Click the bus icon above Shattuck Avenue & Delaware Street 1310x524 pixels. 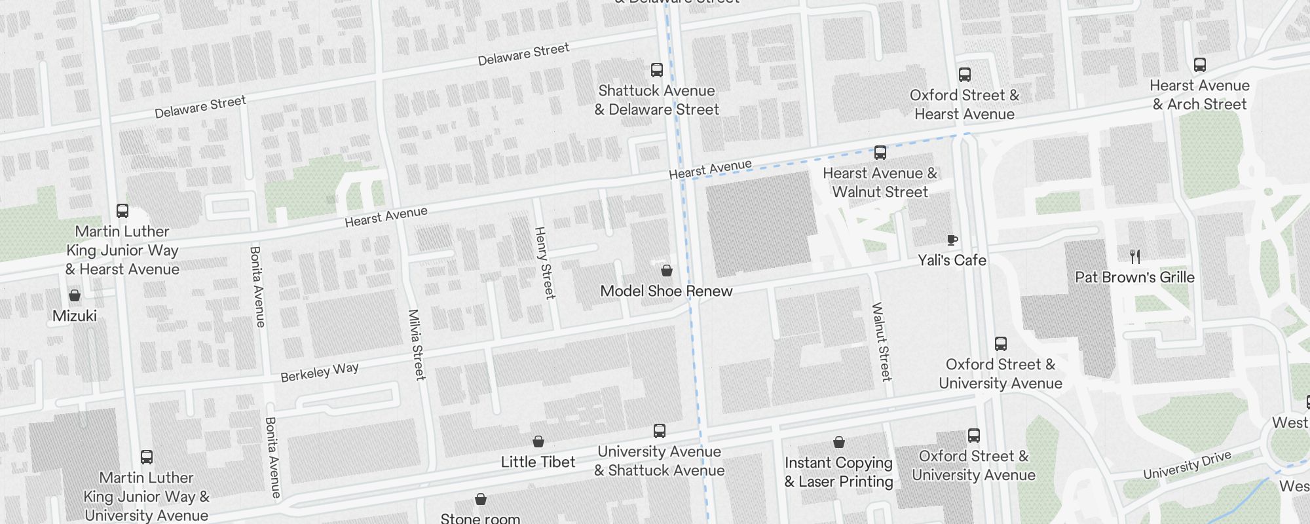[656, 70]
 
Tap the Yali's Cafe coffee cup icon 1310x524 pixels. [952, 240]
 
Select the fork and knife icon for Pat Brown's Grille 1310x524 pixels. [1135, 257]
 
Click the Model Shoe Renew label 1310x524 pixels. [666, 291]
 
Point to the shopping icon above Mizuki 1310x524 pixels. [75, 296]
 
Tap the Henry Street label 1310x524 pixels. [544, 263]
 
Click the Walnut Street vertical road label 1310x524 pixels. [882, 341]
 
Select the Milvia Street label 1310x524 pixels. [417, 345]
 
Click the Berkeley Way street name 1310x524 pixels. [320, 372]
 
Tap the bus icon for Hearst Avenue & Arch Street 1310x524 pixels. [1199, 65]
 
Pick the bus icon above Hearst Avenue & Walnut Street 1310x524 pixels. [880, 153]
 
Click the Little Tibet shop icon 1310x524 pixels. [538, 441]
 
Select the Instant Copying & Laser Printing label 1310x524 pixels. [838, 472]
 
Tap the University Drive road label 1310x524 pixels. [1187, 465]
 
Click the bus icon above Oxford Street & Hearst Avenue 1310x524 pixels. [964, 75]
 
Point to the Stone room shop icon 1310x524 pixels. [480, 499]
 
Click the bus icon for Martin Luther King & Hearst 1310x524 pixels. [122, 211]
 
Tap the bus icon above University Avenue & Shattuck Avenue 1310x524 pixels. [659, 431]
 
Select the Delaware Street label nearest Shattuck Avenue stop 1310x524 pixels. [523, 54]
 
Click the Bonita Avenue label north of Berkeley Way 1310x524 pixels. [257, 286]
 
